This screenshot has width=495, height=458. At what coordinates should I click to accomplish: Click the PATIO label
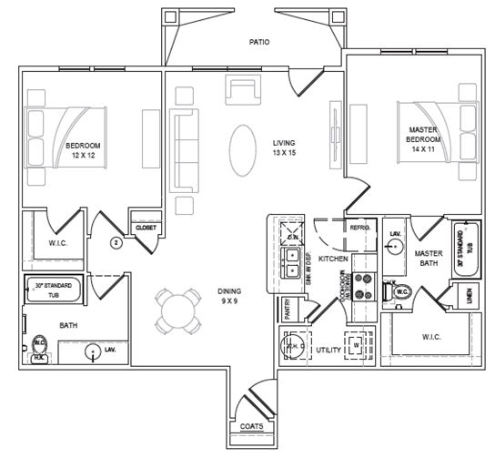[259, 42]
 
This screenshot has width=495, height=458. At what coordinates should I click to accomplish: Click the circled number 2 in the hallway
[116, 242]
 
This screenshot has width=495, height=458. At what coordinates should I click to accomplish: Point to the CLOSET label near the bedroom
[146, 228]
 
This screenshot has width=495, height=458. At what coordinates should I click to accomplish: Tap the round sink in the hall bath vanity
[93, 351]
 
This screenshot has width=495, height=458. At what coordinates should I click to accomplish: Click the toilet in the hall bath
[40, 346]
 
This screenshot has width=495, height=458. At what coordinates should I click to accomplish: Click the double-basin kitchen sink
[293, 265]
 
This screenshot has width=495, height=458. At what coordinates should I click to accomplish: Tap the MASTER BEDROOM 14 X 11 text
[422, 138]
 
